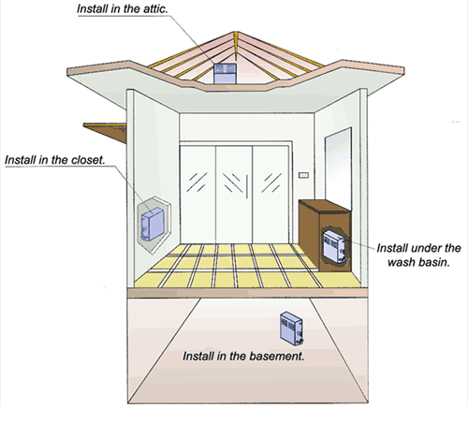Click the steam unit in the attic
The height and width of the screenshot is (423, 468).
(x=225, y=74)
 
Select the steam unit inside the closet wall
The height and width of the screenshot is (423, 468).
(x=153, y=224)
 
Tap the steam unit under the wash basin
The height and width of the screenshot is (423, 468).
(x=334, y=246)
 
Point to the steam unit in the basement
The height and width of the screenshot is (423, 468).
(x=291, y=328)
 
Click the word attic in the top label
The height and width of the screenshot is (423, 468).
(x=155, y=8)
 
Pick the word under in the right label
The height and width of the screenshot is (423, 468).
(x=427, y=248)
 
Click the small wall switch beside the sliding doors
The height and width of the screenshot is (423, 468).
(x=303, y=175)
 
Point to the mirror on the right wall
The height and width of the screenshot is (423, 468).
(x=338, y=168)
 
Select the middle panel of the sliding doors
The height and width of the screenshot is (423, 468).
(x=234, y=195)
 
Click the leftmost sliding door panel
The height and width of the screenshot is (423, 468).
(x=197, y=195)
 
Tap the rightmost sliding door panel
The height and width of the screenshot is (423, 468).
(x=271, y=195)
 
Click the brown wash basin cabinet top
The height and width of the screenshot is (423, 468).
(x=325, y=206)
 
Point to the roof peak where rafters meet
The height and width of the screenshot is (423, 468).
(x=236, y=33)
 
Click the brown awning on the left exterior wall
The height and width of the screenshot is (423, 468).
(x=105, y=131)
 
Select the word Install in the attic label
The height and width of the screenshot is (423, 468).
(x=93, y=8)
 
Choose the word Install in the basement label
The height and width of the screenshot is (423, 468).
(x=198, y=356)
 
